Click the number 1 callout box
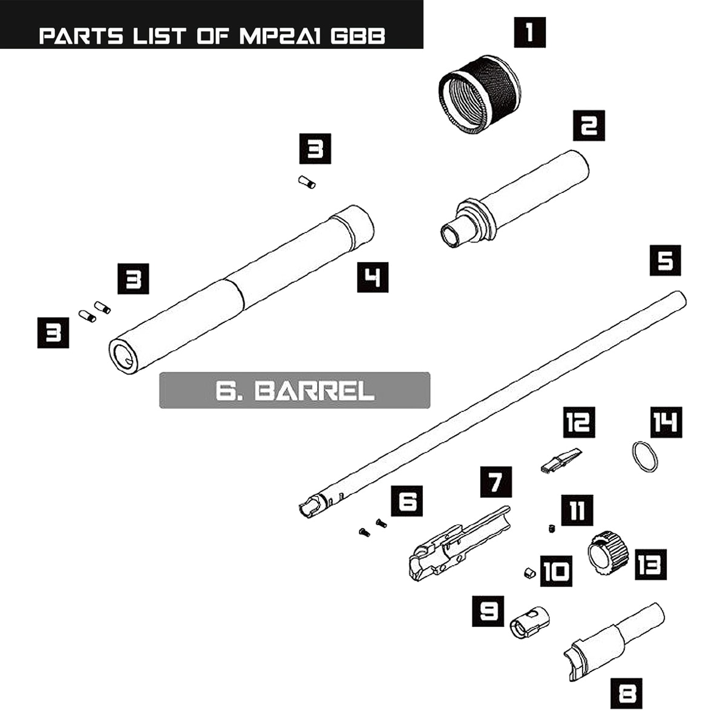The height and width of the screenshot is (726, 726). point(529,33)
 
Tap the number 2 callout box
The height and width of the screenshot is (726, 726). point(589,126)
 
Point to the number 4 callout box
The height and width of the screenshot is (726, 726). point(372,278)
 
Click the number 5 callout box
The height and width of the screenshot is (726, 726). point(665,261)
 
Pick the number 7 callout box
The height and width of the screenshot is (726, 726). point(495,482)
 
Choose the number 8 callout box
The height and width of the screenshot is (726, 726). point(626,692)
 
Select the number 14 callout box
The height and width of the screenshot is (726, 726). point(665,422)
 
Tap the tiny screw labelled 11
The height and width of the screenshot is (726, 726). point(552,529)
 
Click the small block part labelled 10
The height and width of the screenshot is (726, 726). point(528,572)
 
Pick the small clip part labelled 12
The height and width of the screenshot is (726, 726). point(560,460)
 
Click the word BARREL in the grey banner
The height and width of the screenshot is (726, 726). point(315,391)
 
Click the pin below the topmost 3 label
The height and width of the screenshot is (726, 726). point(307,182)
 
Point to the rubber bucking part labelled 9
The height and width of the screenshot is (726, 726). point(530,623)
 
